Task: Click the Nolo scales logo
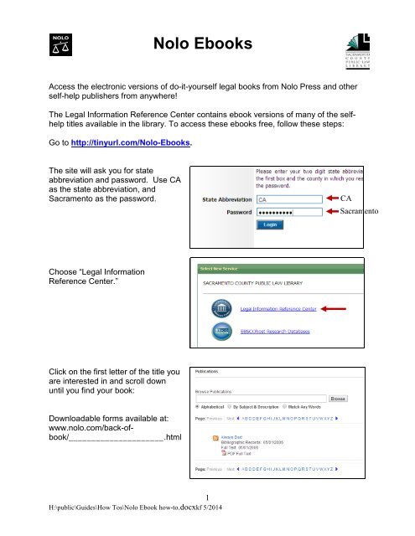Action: click(x=60, y=45)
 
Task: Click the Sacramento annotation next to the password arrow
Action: click(x=387, y=214)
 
